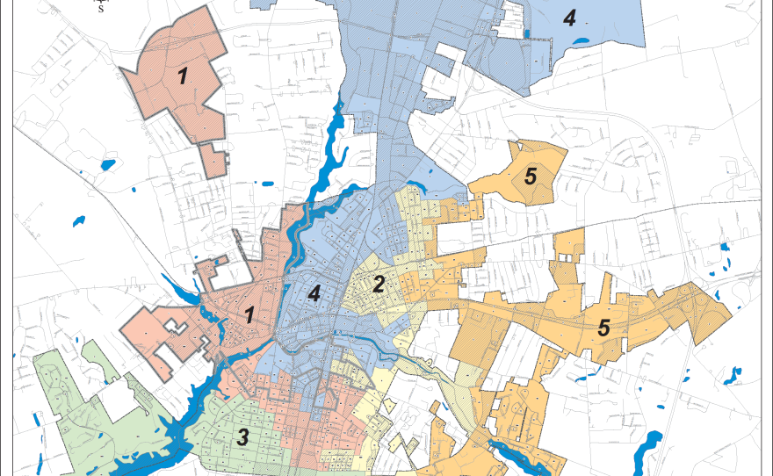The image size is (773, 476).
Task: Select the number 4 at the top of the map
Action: [x=569, y=18]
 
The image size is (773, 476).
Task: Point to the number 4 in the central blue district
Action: [x=314, y=294]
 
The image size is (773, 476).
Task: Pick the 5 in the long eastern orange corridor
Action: [x=603, y=328]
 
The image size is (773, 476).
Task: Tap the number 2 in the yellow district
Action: [x=379, y=285]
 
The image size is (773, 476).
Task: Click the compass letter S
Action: [x=100, y=10]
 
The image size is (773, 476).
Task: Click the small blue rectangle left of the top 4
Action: [x=526, y=33]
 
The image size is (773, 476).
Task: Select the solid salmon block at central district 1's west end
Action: [x=141, y=329]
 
